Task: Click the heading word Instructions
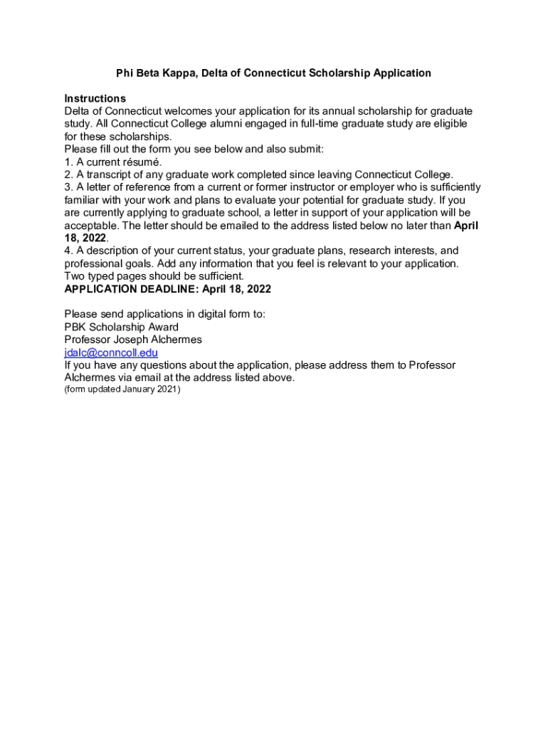tap(95, 98)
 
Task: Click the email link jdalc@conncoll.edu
tap(111, 352)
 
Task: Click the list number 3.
tap(68, 187)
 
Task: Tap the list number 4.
tap(68, 251)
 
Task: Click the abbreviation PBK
tap(75, 327)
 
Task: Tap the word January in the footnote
tap(137, 390)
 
